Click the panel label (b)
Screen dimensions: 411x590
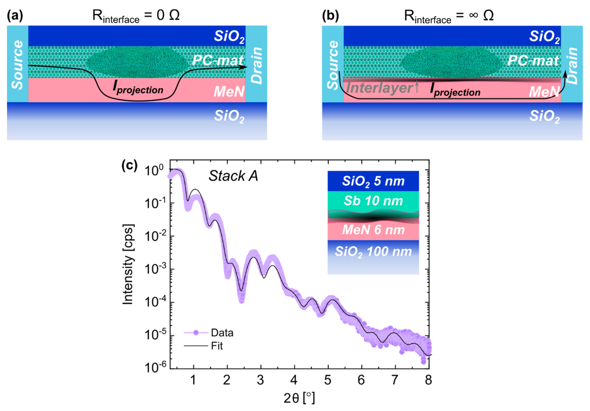[x=330, y=16]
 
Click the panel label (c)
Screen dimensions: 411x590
[x=129, y=165]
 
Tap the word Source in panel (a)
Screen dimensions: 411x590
[x=18, y=65]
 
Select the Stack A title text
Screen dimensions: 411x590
[x=233, y=176]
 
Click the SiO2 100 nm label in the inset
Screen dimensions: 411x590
[x=373, y=251]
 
